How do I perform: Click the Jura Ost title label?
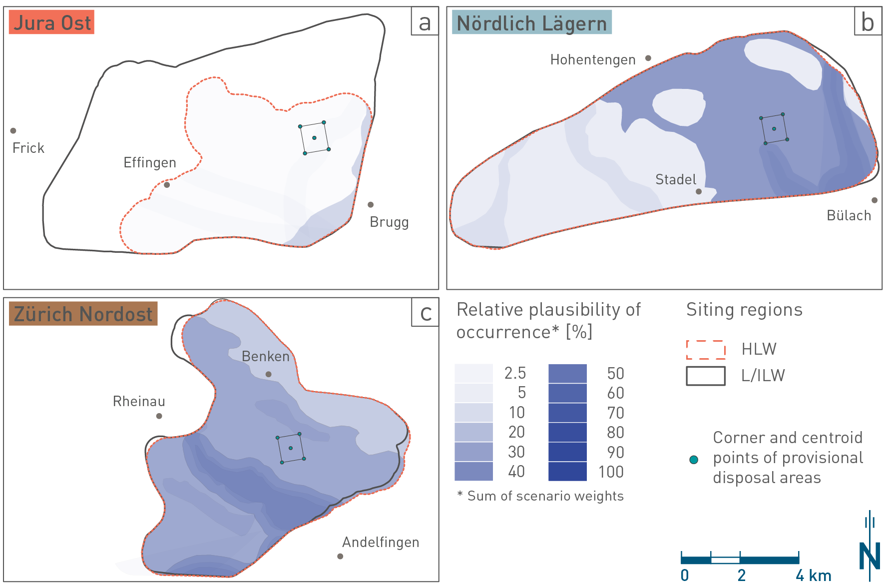(52, 23)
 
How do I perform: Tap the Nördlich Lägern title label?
(531, 23)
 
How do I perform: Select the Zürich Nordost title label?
(83, 314)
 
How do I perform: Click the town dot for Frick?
(13, 131)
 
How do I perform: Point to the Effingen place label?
(150, 163)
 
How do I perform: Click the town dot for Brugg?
(371, 205)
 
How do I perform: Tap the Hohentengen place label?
(593, 60)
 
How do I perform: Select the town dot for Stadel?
(699, 191)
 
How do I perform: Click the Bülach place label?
(849, 215)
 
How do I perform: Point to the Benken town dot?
(269, 374)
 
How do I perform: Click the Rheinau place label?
(139, 401)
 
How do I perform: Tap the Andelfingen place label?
(381, 542)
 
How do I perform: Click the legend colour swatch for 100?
(567, 472)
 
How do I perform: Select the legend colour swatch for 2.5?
(473, 373)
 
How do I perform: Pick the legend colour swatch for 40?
(473, 472)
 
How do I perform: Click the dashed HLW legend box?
(706, 350)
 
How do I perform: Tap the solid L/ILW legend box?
(706, 376)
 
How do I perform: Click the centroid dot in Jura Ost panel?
(314, 138)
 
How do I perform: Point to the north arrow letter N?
(870, 556)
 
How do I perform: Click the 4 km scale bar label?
(813, 576)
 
